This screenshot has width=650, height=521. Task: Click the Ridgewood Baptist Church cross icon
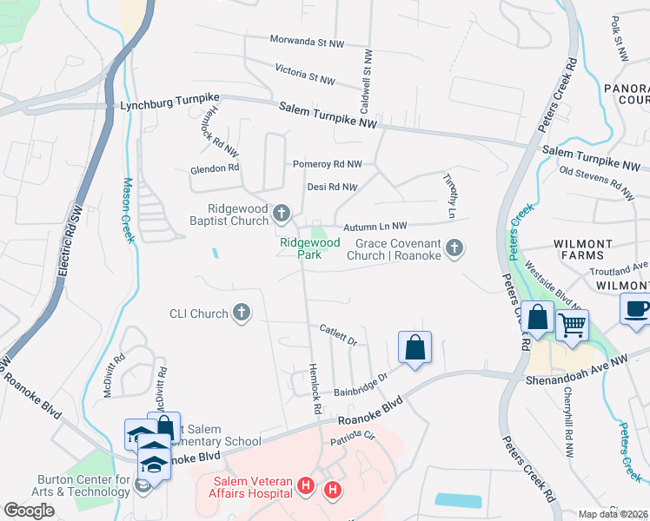pos(281,213)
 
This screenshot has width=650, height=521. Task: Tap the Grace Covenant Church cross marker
pos(453,250)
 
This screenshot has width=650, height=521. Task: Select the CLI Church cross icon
pos(242,313)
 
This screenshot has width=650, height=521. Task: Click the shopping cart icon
pos(572,326)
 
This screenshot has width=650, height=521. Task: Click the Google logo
pos(29,511)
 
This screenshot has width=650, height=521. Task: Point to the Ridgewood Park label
pos(309,248)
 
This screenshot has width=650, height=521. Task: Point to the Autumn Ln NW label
pos(375,225)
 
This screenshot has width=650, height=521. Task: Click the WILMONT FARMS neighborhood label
pos(581,248)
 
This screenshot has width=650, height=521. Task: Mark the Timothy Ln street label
pos(450,206)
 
